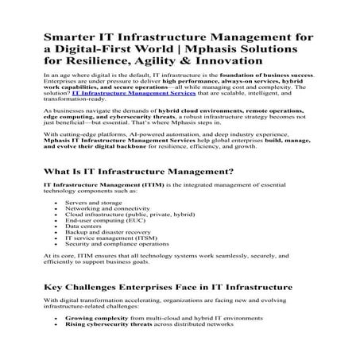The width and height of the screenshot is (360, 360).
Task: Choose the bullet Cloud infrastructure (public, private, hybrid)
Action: tap(119, 238)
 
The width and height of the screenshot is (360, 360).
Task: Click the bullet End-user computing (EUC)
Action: tap(100, 245)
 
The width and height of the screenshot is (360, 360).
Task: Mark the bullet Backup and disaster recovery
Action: tap(104, 258)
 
